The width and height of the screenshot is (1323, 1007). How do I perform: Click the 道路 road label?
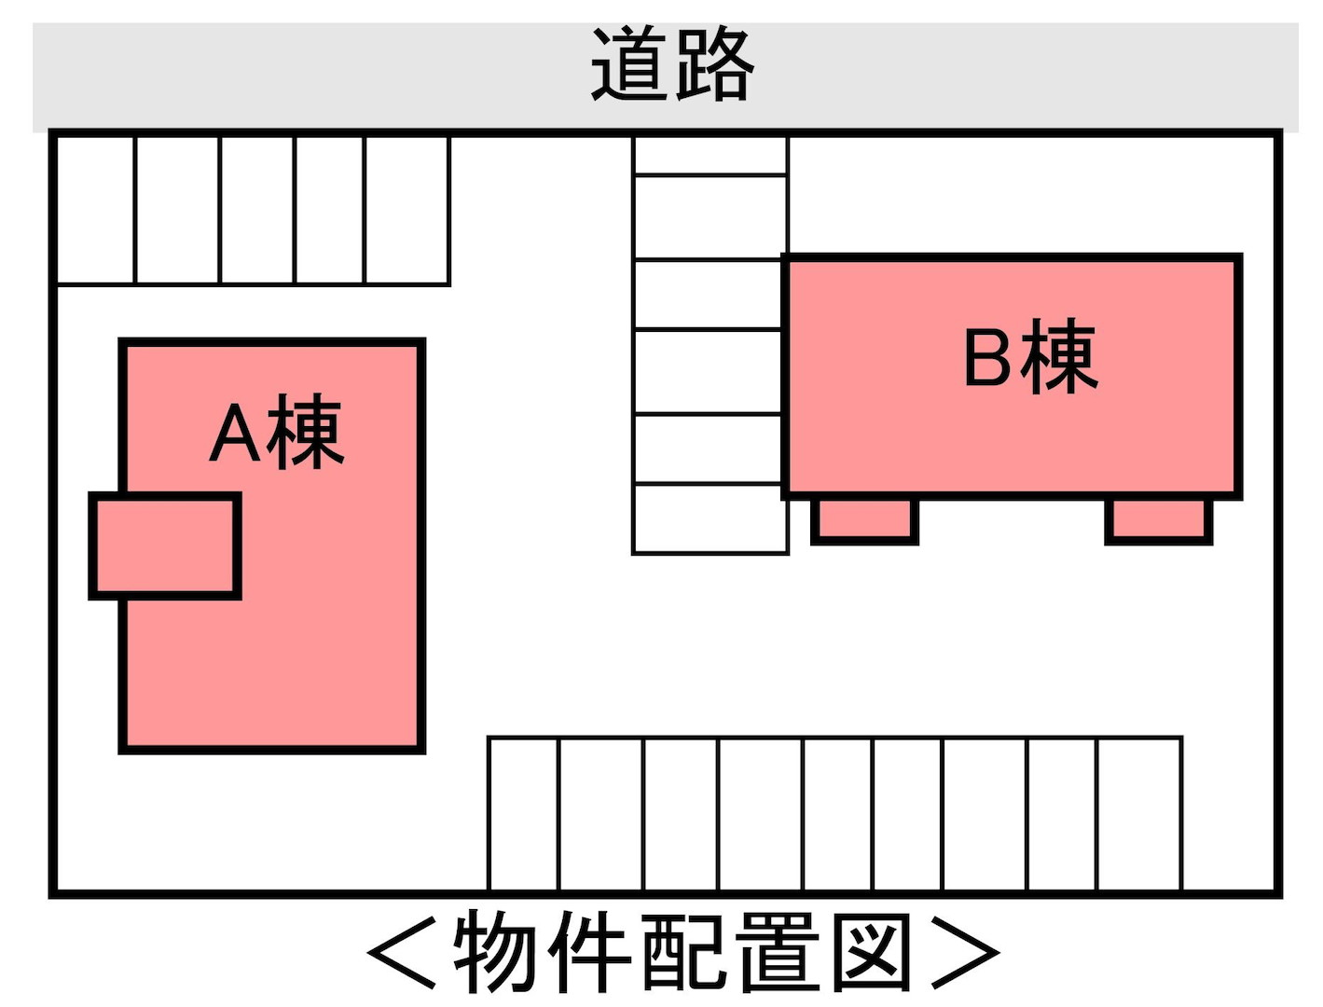coord(671,64)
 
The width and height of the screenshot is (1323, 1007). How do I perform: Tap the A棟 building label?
coord(276,432)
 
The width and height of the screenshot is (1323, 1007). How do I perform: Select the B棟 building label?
coord(1030,356)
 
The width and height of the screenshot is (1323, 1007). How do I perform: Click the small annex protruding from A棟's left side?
coord(164,546)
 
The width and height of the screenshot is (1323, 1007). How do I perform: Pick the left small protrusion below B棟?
coord(864,520)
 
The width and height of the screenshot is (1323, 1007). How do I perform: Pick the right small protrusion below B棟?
coord(1158,520)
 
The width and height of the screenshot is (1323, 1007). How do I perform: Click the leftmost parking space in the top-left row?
coord(94,210)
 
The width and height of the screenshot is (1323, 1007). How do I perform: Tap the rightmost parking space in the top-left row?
coord(407,210)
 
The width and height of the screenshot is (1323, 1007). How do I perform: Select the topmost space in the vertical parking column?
coord(710,156)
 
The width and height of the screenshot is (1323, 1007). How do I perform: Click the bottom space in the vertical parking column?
coord(710,518)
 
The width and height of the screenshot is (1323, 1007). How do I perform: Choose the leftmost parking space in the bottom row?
coord(524,814)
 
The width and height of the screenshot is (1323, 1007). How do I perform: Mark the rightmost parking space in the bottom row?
coord(1139,814)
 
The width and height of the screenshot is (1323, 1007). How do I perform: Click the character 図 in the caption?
coord(871,952)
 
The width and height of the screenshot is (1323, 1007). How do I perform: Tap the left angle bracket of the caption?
coord(402,953)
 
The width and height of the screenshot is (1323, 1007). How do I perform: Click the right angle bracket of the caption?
coord(966,953)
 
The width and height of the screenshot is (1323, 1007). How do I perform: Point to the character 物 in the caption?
coord(494,952)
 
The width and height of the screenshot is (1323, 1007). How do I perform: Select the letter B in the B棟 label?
coord(987,358)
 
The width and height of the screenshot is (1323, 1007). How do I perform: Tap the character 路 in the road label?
coord(715,64)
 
